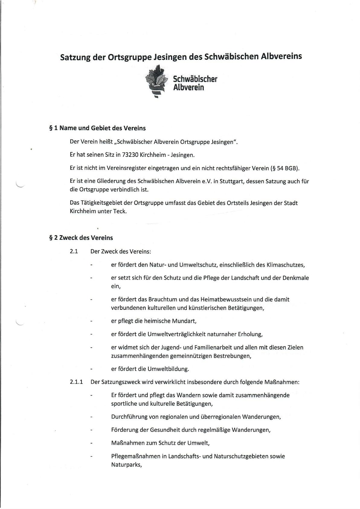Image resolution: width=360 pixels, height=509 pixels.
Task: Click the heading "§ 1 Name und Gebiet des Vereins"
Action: click(97, 128)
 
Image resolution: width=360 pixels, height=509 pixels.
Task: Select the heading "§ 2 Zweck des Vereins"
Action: click(81, 238)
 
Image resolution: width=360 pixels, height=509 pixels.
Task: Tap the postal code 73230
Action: click(130, 155)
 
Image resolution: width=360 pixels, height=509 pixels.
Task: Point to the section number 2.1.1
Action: click(76, 382)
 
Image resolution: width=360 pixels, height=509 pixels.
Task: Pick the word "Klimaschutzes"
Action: click(285, 265)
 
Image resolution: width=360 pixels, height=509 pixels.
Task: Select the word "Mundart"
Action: click(184, 321)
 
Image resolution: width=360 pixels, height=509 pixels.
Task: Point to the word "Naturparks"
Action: click(126, 465)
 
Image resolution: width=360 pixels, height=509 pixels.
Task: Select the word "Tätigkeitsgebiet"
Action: click(102, 203)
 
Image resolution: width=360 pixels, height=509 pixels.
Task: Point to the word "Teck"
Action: click(120, 211)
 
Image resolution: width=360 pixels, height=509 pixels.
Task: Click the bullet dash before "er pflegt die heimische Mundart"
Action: click(91, 321)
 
